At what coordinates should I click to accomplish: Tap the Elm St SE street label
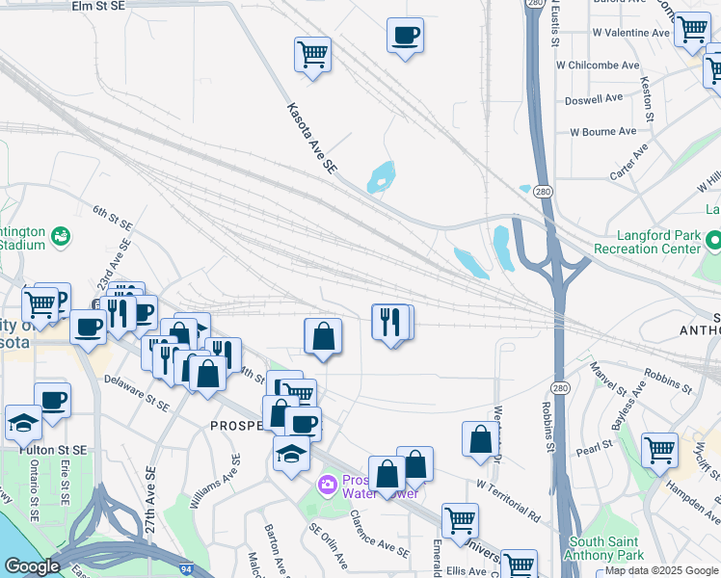(x=98, y=6)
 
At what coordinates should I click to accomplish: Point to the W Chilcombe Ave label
(x=598, y=66)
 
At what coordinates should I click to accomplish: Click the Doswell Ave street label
(x=594, y=98)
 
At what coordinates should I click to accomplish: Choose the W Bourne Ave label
(x=602, y=131)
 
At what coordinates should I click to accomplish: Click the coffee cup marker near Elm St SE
(x=405, y=37)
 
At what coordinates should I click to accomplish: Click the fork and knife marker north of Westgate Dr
(x=388, y=322)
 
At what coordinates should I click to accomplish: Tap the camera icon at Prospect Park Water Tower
(x=328, y=483)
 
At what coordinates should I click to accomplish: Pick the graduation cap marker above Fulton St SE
(x=23, y=422)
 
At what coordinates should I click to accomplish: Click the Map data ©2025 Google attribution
(x=661, y=570)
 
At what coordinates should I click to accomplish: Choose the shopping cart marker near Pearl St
(x=659, y=449)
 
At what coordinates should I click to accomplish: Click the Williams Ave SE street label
(x=215, y=482)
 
